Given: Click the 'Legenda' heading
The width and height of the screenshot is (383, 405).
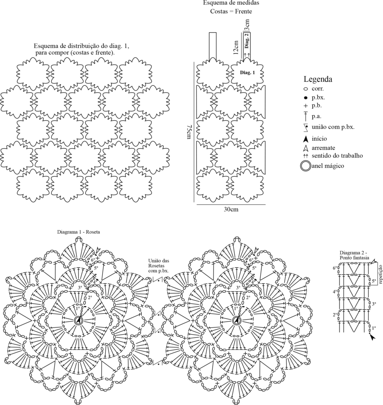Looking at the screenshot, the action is coord(318,79).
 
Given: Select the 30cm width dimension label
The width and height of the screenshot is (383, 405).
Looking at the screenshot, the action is coord(231,209).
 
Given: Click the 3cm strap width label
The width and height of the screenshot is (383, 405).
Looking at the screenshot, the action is coord(247,25).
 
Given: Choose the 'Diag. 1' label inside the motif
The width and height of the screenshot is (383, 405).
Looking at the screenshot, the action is coord(247,73).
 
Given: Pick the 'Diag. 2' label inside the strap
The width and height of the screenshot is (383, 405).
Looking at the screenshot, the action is coord(247,41).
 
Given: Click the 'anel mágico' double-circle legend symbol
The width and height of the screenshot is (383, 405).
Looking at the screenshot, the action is coord(305,166).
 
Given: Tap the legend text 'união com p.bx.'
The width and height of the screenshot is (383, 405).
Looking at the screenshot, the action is coord(333,127).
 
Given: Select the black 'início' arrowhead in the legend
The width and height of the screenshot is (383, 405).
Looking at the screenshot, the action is coord(306,139).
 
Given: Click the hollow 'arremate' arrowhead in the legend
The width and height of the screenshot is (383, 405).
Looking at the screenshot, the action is coord(306,148).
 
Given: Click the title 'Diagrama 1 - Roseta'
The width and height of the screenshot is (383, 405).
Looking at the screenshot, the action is coord(79,232).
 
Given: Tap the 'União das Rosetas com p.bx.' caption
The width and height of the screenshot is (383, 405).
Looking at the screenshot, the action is coord(158,266).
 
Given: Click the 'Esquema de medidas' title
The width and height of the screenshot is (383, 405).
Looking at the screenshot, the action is coord(231,3).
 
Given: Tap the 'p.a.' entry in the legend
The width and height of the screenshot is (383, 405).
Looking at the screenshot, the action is coord(317,117).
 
